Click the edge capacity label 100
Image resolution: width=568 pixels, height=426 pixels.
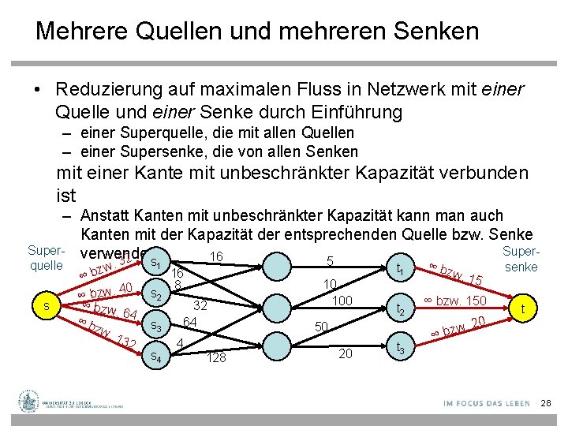pyautogui.click(x=342, y=301)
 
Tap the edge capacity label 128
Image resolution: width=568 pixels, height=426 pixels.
pyautogui.click(x=217, y=358)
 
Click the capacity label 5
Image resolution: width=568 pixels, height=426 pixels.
pyautogui.click(x=331, y=260)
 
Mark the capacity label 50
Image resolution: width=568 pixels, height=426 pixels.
pyautogui.click(x=321, y=326)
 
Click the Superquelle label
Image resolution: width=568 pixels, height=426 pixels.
pyautogui.click(x=46, y=257)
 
